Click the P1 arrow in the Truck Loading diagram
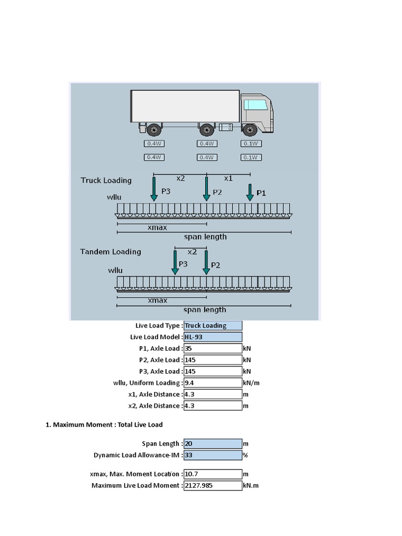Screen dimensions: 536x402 pos(250,193)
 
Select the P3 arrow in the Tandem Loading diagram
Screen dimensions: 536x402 pos(175,262)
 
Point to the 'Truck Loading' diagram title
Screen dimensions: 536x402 pos(106,181)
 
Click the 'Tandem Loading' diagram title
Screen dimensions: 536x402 pos(110,252)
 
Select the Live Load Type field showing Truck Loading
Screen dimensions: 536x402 pos(213,326)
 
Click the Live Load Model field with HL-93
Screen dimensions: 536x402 pos(213,337)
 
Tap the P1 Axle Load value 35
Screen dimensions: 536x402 pos(213,349)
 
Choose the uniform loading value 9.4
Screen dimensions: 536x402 pos(213,383)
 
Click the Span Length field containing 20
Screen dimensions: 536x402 pos(213,444)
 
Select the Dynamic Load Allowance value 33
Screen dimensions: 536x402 pos(213,455)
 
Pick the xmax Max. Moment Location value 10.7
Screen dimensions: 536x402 pos(213,474)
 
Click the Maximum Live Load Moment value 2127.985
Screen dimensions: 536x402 pos(213,486)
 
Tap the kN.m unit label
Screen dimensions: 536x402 pos(251,486)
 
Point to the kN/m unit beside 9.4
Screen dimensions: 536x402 pos(251,383)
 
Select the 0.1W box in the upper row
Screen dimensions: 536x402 pos(251,144)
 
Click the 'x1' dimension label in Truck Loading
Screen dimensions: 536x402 pos(228,178)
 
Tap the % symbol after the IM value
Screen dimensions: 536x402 pos(245,455)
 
